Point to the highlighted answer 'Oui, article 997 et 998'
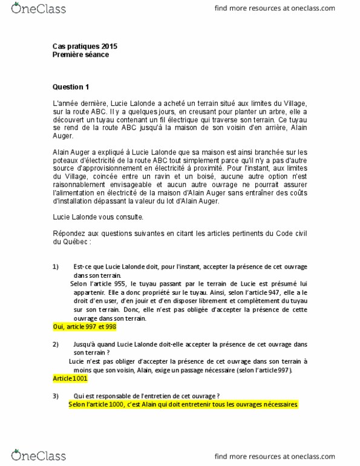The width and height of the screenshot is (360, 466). click(x=84, y=327)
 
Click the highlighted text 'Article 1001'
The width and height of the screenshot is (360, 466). click(x=71, y=378)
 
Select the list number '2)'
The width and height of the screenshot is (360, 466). click(x=56, y=344)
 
